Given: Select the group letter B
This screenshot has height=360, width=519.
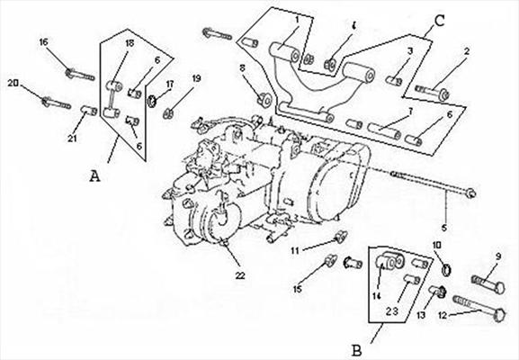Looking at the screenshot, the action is (x=356, y=351).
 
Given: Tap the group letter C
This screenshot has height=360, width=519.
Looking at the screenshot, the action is (x=440, y=21).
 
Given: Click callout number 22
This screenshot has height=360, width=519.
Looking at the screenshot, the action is (x=240, y=275).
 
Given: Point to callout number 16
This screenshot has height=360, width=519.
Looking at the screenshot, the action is (x=44, y=42).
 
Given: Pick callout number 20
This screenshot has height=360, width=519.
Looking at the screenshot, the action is (x=13, y=83).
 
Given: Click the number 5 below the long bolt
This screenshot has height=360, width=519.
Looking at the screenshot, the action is (x=443, y=228).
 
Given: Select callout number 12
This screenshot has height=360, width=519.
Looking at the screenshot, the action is (x=443, y=315).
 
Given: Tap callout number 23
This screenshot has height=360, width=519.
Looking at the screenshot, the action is (x=391, y=311).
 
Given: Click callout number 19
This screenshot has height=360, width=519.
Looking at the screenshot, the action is (x=197, y=79).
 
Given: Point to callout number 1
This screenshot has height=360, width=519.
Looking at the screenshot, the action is (x=297, y=20).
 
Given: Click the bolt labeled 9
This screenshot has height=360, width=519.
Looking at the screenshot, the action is (x=488, y=284).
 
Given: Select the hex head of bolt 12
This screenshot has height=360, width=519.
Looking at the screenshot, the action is (x=499, y=315).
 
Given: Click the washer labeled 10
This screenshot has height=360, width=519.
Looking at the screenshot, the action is (x=447, y=270).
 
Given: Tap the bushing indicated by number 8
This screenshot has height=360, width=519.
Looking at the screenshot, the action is (x=264, y=100).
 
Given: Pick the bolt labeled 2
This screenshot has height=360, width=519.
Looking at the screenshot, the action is (x=433, y=92).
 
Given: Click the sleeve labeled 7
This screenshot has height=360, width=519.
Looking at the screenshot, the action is (x=384, y=130).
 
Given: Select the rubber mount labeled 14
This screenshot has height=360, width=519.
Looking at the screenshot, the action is (x=389, y=261).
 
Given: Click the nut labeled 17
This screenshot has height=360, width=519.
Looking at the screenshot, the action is (x=152, y=102).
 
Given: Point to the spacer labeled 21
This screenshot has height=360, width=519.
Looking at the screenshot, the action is (x=89, y=111).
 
